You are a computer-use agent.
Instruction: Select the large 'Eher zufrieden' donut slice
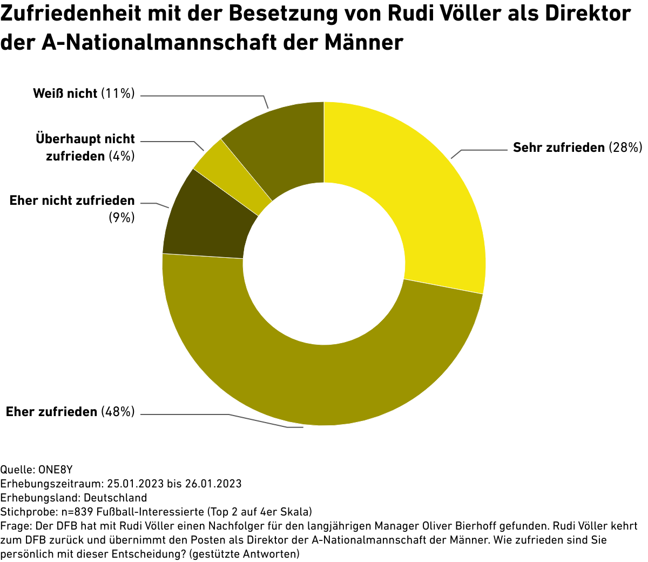(x=324, y=384)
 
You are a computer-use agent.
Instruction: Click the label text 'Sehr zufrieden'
(x=559, y=148)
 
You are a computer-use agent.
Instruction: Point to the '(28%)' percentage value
(x=625, y=148)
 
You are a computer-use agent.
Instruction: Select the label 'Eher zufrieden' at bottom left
(x=51, y=412)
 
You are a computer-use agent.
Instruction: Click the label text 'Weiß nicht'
(x=65, y=93)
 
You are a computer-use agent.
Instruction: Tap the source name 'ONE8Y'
(x=56, y=469)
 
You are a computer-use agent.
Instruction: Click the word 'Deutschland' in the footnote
(x=115, y=497)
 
